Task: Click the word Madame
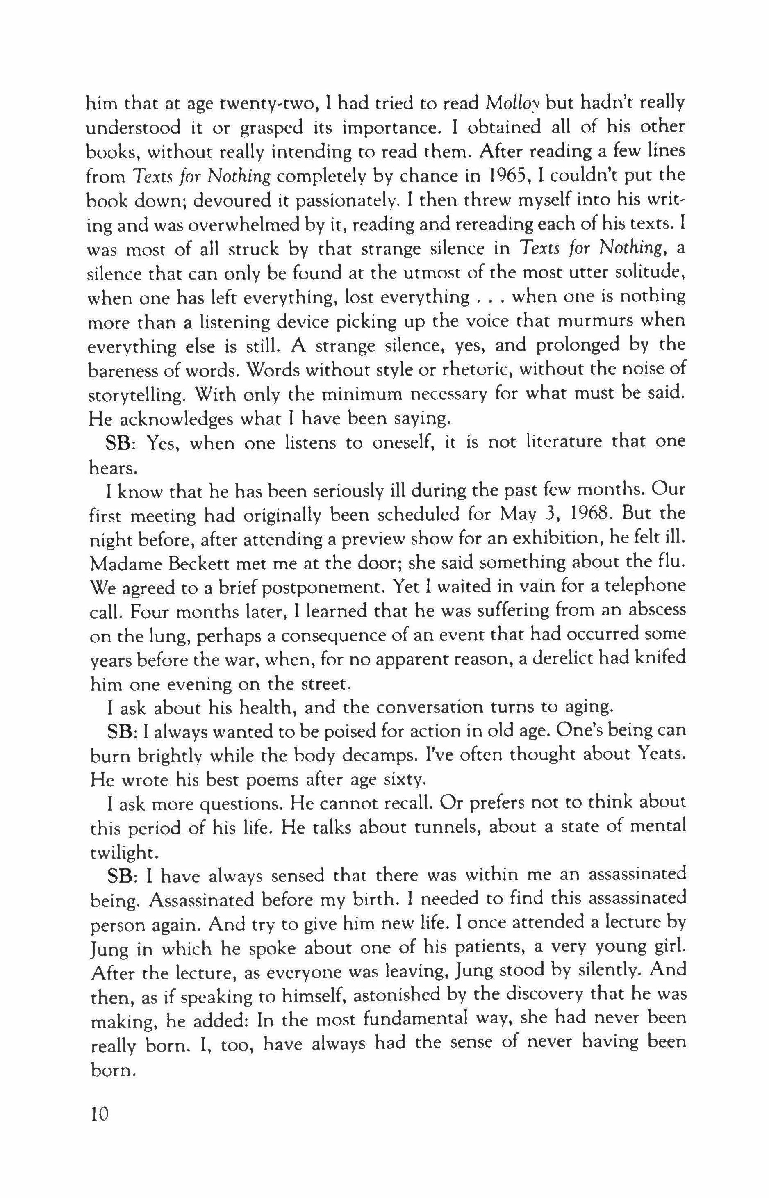pyautogui.click(x=120, y=563)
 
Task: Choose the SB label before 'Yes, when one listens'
pyautogui.click(x=119, y=443)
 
